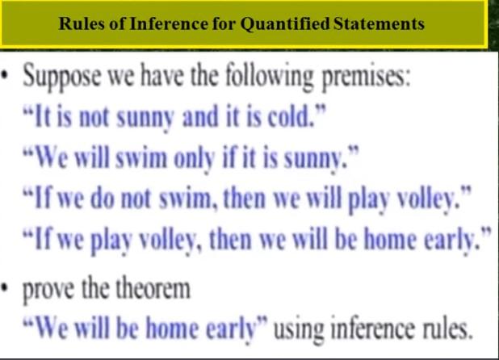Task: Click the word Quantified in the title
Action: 284,24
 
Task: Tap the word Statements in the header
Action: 379,24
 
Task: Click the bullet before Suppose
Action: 5,76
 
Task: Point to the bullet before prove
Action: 5,289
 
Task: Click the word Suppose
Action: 61,77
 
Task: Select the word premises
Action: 366,78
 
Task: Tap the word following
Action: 269,77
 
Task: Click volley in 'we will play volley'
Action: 429,199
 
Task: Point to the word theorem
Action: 153,288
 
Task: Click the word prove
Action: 48,290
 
